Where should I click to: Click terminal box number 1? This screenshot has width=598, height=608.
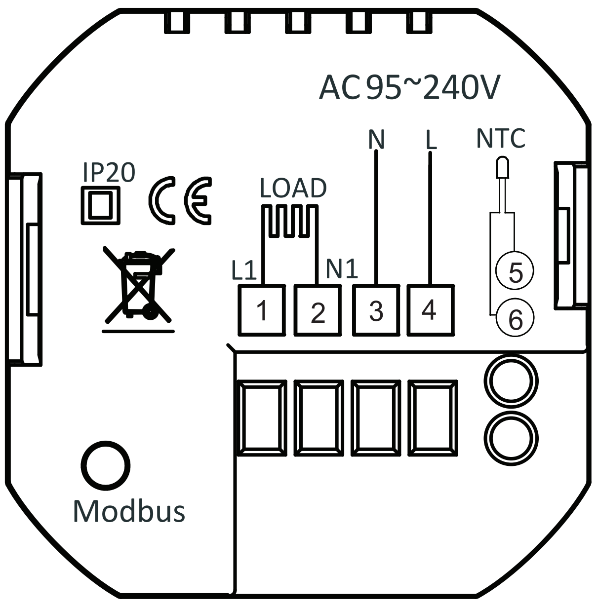pos(262,310)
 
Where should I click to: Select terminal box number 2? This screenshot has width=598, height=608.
pos(318,310)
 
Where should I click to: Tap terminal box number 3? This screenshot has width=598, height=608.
pos(376,310)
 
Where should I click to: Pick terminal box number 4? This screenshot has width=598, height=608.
pos(431,310)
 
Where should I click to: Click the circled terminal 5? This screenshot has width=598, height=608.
pos(515,270)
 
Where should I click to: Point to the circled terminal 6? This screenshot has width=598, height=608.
pos(515,317)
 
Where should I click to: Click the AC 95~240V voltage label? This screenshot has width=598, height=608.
pos(409,87)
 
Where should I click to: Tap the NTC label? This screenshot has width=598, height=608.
pos(500,138)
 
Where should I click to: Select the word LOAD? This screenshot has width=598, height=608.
pos(293,188)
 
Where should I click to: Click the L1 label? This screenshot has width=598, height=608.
pos(244,271)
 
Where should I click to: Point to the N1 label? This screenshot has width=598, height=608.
pos(342,269)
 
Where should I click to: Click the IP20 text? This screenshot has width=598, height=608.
pos(109,172)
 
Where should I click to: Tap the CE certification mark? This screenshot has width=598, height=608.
pos(180,200)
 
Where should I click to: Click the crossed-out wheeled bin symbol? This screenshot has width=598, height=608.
pos(139,286)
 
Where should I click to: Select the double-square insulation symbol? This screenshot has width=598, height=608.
pos(101,205)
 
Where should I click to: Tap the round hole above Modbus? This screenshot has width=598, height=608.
pos(106,466)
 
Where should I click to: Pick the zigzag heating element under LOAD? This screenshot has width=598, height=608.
pos(290,221)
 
